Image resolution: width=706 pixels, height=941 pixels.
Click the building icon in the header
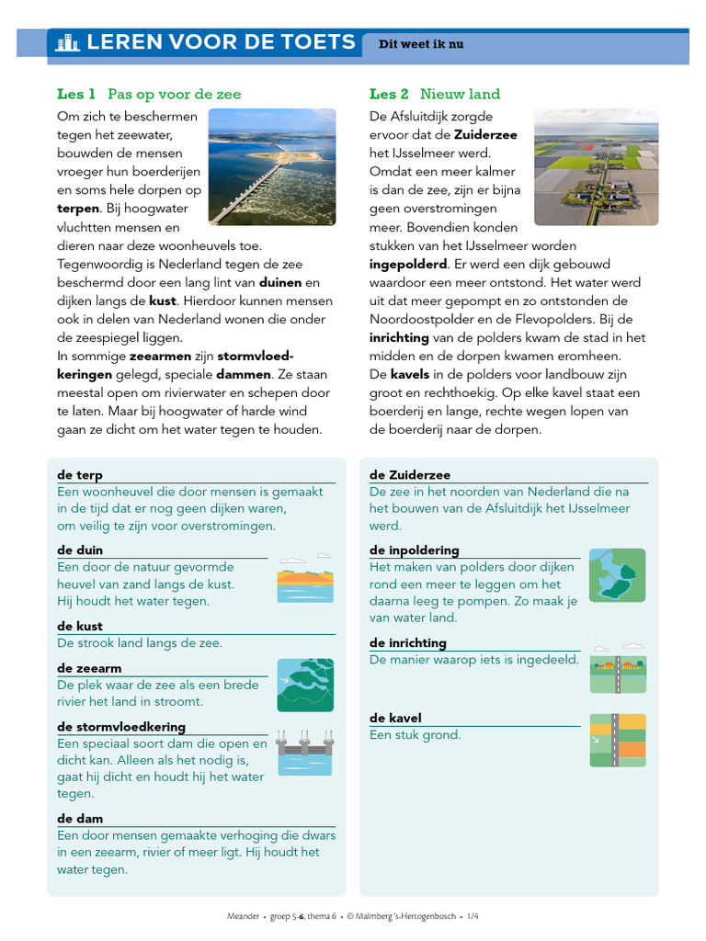click(67, 42)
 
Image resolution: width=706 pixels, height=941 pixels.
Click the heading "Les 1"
click(76, 94)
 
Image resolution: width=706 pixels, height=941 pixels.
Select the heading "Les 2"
click(389, 94)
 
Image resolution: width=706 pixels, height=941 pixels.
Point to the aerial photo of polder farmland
click(596, 166)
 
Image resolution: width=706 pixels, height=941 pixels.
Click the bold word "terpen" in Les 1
click(78, 209)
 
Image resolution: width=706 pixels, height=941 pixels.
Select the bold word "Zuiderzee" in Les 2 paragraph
click(485, 135)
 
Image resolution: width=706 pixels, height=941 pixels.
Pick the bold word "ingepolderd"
click(407, 264)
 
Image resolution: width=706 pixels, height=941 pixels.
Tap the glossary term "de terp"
click(80, 475)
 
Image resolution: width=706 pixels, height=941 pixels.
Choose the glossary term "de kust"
click(80, 626)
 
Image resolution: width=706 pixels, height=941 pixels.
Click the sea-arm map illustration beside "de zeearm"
click(305, 685)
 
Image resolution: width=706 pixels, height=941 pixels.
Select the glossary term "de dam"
click(80, 818)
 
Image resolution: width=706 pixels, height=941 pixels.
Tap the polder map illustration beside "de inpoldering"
click(617, 575)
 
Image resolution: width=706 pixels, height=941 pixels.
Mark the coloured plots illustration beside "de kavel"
click(617, 740)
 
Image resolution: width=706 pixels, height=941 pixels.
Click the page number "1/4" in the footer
click(473, 916)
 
